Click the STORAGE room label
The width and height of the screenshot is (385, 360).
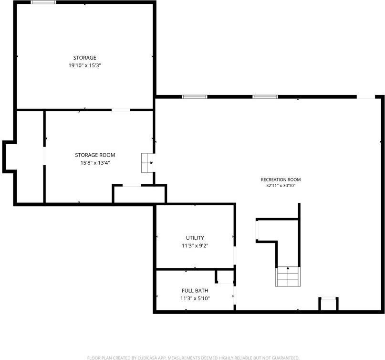click(85, 58)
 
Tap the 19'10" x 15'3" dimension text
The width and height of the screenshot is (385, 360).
click(85, 65)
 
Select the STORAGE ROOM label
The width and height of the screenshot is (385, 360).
click(95, 155)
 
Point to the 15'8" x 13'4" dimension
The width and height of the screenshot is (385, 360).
click(95, 163)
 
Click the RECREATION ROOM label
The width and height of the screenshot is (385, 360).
click(281, 180)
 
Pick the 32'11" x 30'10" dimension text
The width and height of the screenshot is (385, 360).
click(281, 186)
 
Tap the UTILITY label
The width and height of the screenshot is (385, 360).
click(195, 238)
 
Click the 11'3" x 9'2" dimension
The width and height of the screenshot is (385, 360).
click(195, 245)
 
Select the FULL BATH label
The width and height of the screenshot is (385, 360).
click(195, 291)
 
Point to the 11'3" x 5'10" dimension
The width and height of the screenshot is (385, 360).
click(195, 298)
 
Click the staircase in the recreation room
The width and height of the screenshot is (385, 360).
click(288, 276)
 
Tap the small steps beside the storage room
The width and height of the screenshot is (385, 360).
click(148, 163)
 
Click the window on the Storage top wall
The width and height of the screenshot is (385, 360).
click(43, 2)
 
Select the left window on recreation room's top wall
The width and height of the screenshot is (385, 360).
click(195, 97)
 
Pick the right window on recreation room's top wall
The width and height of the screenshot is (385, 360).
click(265, 97)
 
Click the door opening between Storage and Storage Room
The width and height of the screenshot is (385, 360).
click(121, 110)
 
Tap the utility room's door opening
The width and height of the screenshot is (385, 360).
click(235, 255)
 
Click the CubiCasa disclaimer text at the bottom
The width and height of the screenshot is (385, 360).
click(193, 358)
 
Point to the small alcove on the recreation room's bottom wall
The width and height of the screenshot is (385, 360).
click(329, 304)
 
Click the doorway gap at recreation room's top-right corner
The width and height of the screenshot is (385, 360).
click(366, 97)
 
